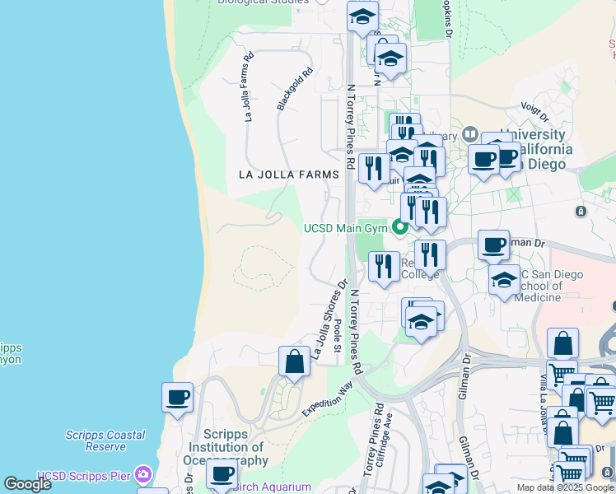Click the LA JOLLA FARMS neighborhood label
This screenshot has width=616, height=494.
coord(288,175)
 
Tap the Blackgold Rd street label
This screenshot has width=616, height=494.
coord(296,89)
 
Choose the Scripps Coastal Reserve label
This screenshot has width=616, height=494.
coord(105,440)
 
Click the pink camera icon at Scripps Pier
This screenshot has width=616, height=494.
coord(144,474)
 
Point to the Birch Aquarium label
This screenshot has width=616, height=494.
coord(273,487)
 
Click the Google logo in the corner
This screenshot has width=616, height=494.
coord(27,484)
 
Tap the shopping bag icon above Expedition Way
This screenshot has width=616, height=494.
coord(294,361)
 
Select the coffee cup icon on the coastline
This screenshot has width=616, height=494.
coord(177,398)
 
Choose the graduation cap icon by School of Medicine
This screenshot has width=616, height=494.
coord(504,280)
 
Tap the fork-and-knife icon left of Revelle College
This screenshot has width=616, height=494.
coord(383,266)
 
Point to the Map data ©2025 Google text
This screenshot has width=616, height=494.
coord(564,487)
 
